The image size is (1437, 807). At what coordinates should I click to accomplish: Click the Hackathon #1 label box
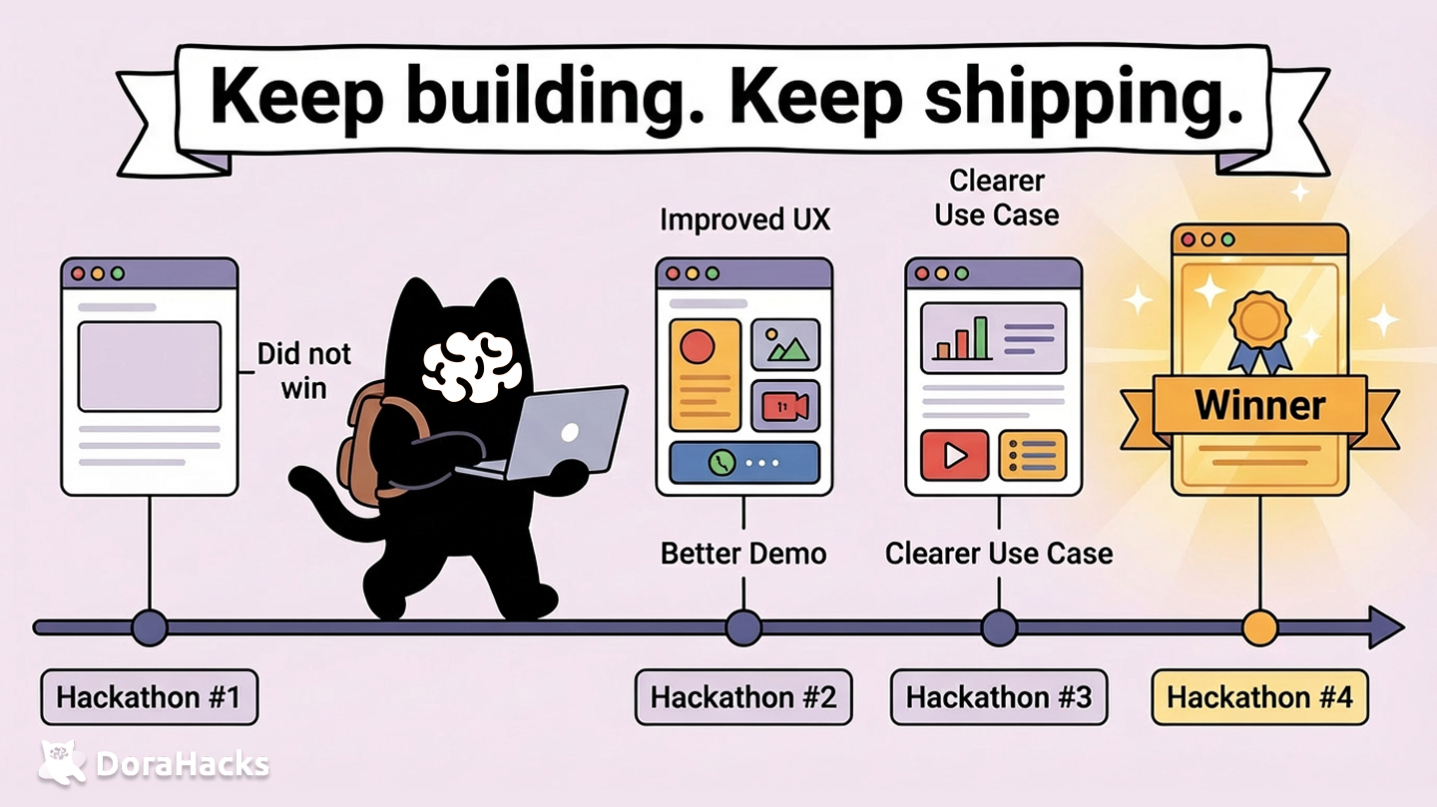(x=149, y=696)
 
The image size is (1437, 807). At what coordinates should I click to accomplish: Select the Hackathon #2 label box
(x=743, y=696)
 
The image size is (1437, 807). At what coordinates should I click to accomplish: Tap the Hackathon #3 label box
(x=999, y=696)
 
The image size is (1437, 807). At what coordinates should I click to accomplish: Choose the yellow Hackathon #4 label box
(x=1259, y=696)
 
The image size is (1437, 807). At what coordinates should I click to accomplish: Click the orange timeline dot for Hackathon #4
(x=1259, y=627)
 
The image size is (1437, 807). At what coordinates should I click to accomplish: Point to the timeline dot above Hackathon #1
(x=150, y=627)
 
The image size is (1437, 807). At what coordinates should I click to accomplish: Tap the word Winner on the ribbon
(x=1259, y=405)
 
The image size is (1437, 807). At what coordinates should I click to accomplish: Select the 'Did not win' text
(x=303, y=370)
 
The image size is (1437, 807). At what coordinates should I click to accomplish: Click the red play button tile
(x=954, y=455)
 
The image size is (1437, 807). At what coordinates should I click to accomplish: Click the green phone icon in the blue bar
(x=721, y=462)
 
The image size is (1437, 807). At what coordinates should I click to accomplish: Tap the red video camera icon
(x=784, y=405)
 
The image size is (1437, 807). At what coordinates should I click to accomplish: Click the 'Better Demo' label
(x=743, y=553)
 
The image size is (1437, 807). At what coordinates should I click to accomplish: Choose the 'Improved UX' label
(x=744, y=219)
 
